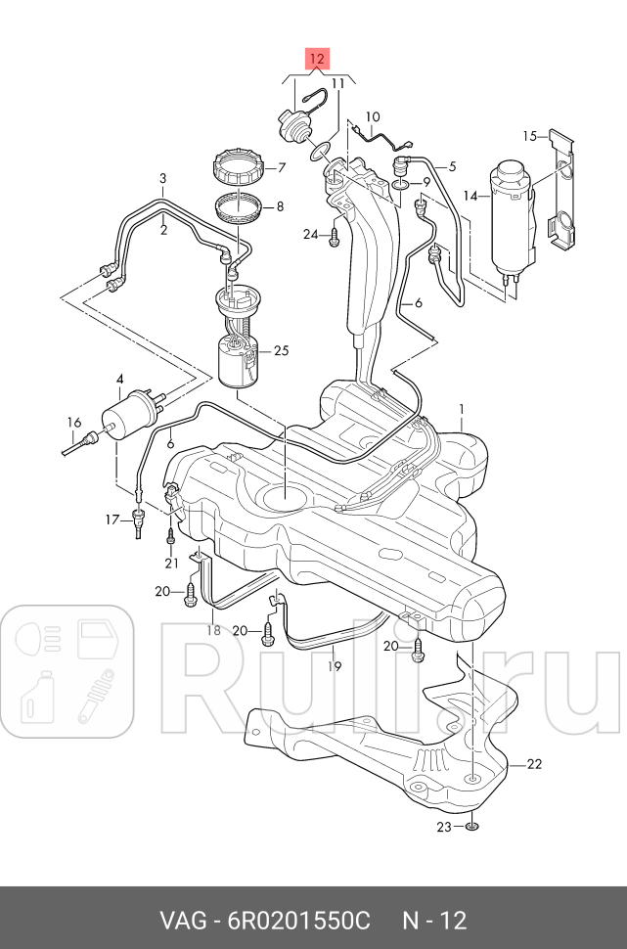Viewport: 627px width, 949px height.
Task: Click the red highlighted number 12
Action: click(317, 59)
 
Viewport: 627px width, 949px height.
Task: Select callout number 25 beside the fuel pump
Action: click(282, 350)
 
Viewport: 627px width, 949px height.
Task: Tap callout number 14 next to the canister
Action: click(470, 196)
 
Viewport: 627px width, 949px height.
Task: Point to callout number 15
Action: click(529, 135)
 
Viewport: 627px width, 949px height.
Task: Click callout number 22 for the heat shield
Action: click(533, 764)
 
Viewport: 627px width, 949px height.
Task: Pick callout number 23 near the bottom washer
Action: click(442, 827)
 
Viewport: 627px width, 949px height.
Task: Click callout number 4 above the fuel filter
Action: click(120, 379)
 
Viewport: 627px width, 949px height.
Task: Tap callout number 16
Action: click(73, 423)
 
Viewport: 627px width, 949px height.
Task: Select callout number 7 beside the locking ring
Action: click(281, 167)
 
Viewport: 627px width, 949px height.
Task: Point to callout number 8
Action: click(281, 206)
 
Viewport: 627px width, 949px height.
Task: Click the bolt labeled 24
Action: click(336, 235)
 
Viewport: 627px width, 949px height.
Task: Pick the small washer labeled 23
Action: click(471, 827)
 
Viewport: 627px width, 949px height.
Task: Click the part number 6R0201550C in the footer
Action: click(299, 921)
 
